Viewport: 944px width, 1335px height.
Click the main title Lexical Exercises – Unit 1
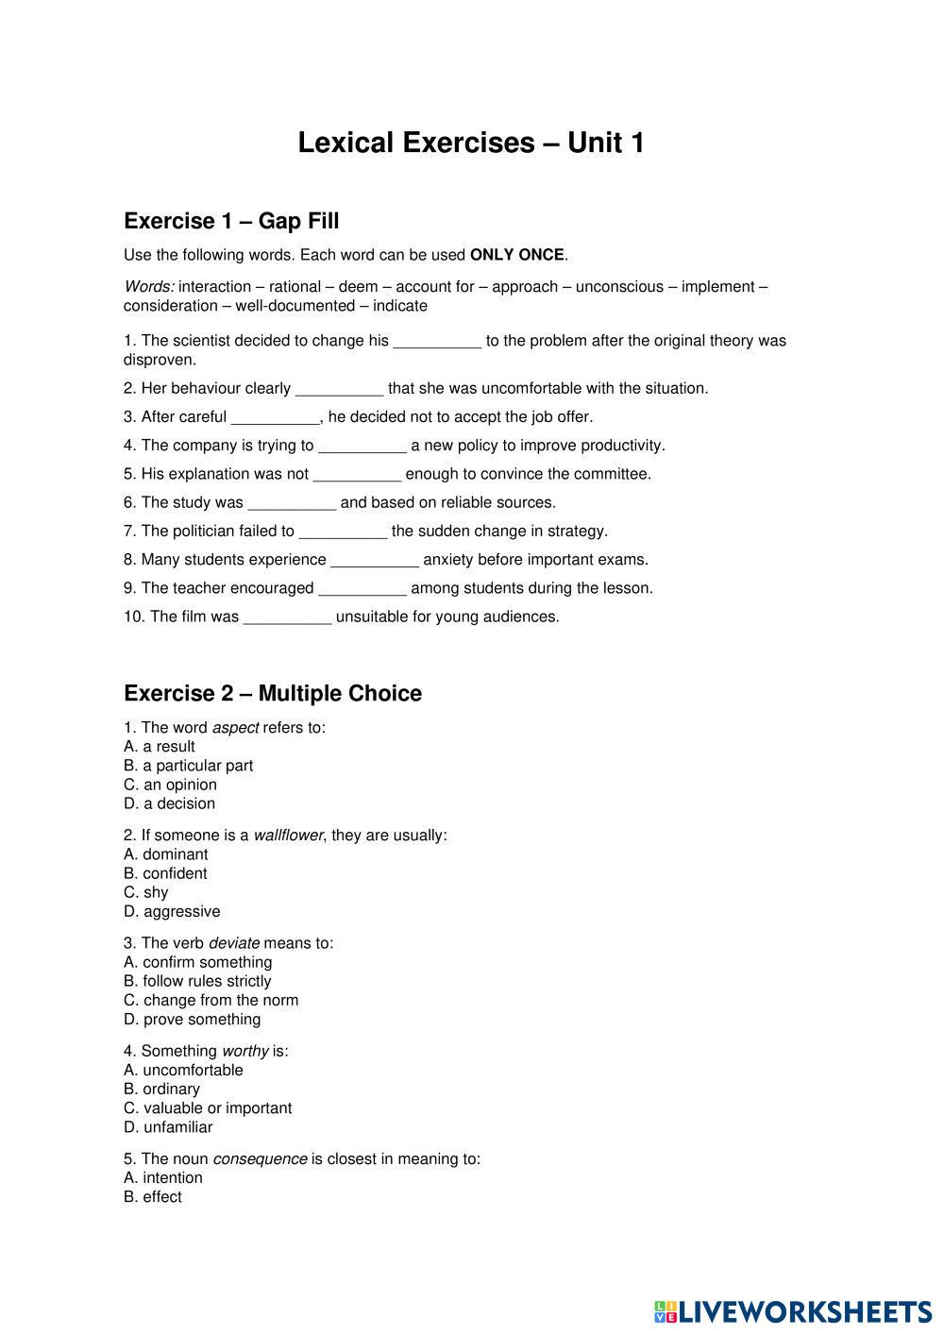471,143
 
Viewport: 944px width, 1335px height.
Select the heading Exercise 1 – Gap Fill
231,221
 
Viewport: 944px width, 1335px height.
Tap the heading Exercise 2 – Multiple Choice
273,693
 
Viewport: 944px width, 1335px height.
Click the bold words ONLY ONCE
516,255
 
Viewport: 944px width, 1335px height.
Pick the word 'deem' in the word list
359,287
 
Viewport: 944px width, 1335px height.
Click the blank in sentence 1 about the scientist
437,342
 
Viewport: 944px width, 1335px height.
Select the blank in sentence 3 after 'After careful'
276,418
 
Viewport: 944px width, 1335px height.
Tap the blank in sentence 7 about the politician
343,532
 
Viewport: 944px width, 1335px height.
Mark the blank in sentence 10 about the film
288,618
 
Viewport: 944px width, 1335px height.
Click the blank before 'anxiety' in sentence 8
375,561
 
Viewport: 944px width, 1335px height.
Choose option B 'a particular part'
189,766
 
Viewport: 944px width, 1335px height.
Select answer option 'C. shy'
146,892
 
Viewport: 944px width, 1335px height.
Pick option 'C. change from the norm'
211,1000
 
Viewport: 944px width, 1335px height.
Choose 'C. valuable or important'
208,1107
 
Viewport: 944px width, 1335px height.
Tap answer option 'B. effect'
153,1196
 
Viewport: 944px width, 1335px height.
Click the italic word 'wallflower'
288,836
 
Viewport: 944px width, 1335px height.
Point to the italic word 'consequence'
260,1158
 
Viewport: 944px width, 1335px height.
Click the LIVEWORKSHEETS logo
792,1311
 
